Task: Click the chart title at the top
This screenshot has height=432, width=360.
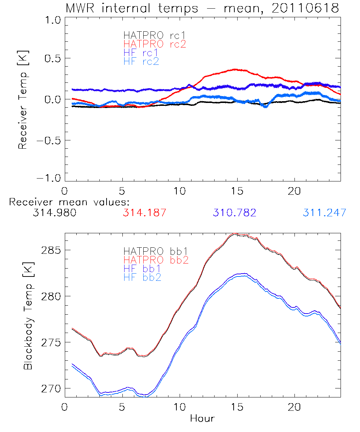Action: click(x=202, y=8)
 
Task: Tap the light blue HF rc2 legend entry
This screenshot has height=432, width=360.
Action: click(x=141, y=61)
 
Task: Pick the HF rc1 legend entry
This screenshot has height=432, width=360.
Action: click(x=141, y=53)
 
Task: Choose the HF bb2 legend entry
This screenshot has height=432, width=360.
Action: click(x=142, y=277)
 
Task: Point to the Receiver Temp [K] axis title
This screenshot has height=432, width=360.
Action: click(x=23, y=100)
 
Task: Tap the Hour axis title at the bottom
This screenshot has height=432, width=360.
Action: click(x=202, y=418)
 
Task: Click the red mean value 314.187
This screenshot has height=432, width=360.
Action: click(x=145, y=213)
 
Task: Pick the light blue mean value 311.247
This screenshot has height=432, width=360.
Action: click(x=324, y=213)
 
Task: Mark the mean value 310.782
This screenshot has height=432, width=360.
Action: click(x=235, y=213)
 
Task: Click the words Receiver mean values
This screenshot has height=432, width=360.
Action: click(x=69, y=202)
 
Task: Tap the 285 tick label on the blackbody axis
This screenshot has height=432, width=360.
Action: click(x=52, y=250)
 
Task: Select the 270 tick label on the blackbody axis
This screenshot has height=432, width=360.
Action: click(x=52, y=388)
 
